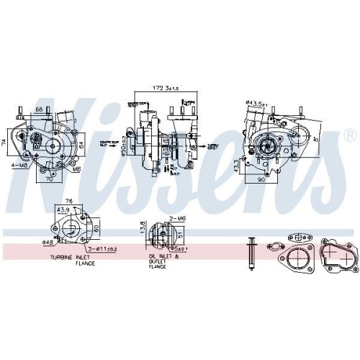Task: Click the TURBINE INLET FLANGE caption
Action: tap(72, 260)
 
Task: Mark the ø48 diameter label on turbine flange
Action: tap(48, 241)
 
